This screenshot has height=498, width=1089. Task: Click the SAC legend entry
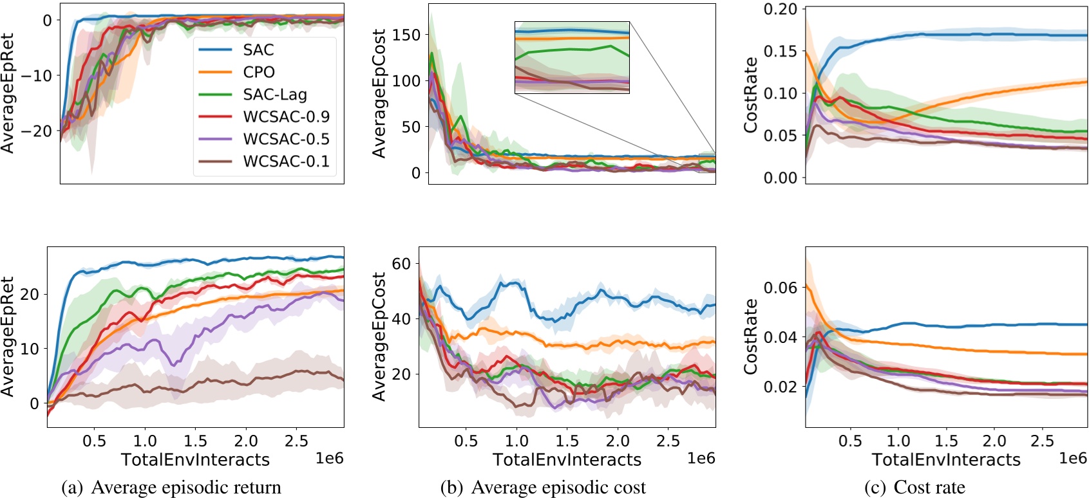coord(258,50)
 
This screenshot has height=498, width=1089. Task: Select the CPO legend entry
coord(259,72)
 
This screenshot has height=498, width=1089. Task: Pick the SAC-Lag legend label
coord(275,95)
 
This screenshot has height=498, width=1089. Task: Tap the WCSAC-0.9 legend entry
coord(286,116)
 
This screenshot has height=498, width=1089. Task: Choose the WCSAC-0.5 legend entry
coord(286,139)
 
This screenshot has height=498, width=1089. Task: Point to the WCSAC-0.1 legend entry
coord(286,161)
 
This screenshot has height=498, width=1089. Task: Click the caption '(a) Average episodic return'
coord(171,488)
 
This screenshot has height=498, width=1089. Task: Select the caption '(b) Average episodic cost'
coord(543,488)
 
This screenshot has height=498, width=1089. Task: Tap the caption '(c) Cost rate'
coord(914,488)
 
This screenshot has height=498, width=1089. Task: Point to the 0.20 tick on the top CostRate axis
coord(780,9)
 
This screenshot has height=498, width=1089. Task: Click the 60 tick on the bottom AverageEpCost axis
coord(401,264)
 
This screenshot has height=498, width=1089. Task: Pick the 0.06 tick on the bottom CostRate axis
coord(780,288)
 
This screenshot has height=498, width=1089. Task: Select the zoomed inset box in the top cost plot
coord(572,58)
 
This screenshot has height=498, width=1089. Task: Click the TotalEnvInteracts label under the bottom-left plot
coord(195,459)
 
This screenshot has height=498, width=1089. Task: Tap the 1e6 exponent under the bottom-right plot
coord(1073,457)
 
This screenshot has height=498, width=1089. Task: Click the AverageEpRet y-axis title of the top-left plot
coord(8,93)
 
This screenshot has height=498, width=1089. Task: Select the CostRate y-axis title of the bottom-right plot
coord(750,337)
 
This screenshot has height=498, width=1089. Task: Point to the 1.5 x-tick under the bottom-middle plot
coord(567,441)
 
